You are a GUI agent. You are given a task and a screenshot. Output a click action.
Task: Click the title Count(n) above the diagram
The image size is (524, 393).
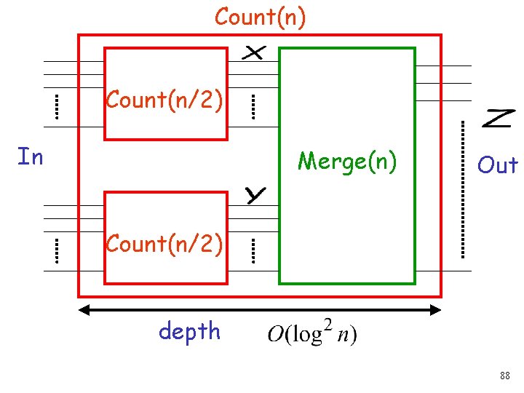tap(260, 17)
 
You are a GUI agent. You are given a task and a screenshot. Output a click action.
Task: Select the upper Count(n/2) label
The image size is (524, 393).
tap(164, 100)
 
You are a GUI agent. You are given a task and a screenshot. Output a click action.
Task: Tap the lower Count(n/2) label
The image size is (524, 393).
tap(164, 243)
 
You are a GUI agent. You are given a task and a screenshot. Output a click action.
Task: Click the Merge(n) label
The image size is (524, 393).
tap(348, 161)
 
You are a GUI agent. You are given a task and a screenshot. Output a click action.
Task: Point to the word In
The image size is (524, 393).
tap(30, 156)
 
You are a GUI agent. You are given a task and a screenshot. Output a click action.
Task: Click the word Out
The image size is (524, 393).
tap(497, 165)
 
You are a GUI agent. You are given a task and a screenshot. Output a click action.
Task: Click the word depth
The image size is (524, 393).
tap(189, 331)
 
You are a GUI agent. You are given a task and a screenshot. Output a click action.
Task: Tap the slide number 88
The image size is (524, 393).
tap(504, 376)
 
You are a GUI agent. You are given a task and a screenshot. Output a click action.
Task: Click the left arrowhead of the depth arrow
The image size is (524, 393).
tap(84, 310)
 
